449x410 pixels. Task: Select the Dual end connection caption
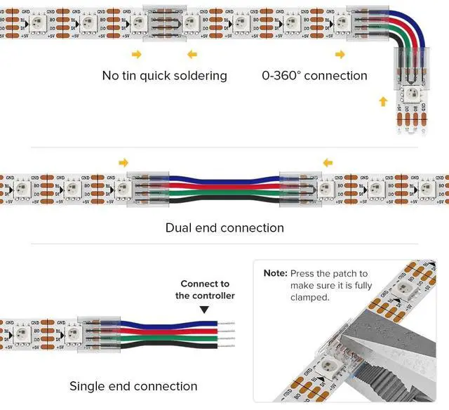click(x=224, y=228)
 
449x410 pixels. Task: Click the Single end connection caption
click(x=133, y=386)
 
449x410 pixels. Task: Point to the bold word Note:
click(x=275, y=273)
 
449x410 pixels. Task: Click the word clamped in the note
click(x=309, y=298)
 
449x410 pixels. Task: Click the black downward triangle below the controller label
click(x=204, y=309)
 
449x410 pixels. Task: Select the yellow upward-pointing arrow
click(x=382, y=102)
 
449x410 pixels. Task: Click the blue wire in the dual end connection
click(x=224, y=177)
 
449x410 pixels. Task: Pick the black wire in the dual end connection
click(x=224, y=201)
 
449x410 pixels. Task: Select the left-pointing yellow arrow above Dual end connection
click(x=327, y=163)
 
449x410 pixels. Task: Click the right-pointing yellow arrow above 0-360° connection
click(x=340, y=54)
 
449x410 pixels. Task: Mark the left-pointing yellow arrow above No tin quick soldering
click(x=192, y=54)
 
